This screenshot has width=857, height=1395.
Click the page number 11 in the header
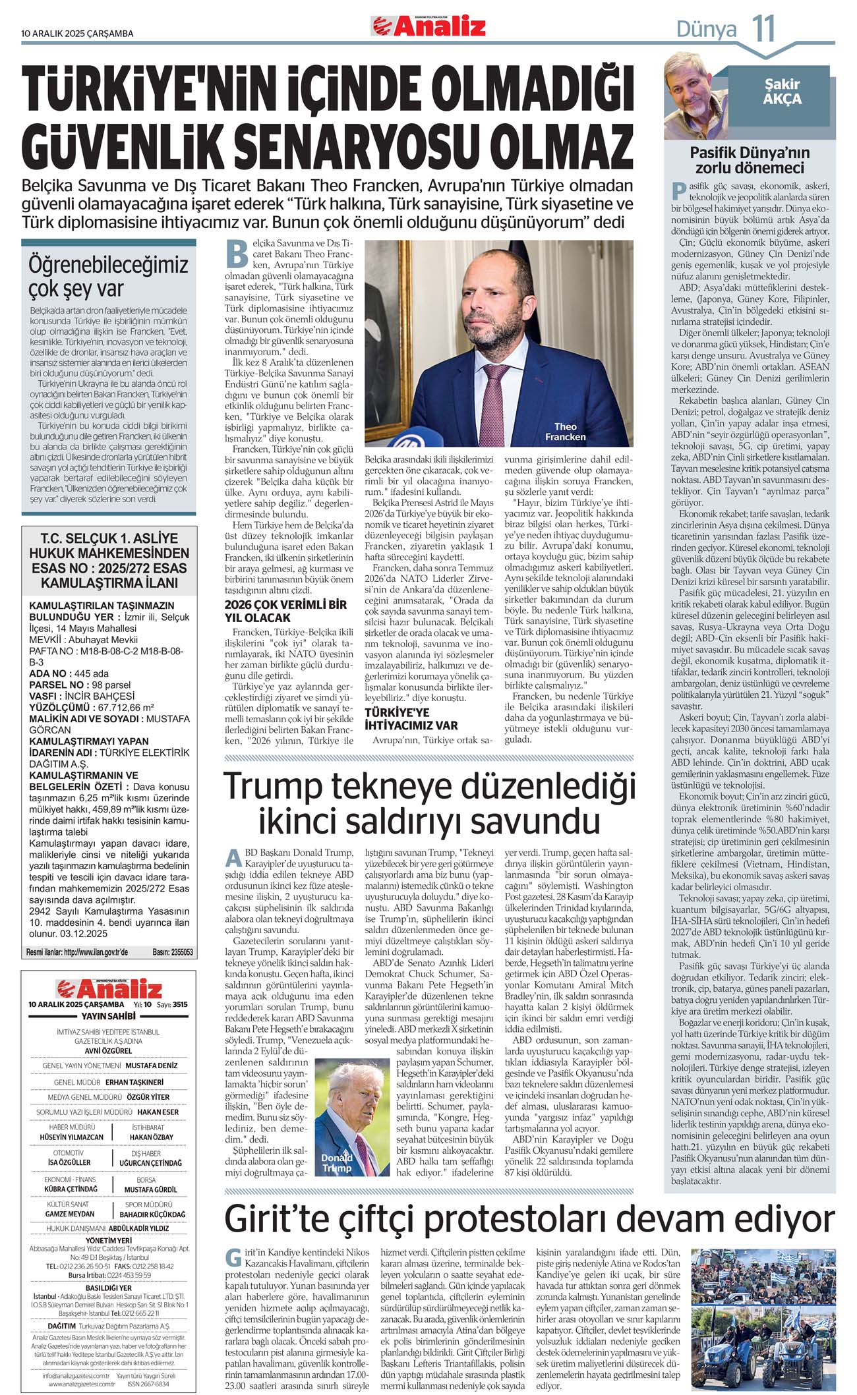coord(763,29)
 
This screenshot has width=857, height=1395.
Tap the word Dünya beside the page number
coord(706,30)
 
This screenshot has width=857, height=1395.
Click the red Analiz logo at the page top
coord(429,26)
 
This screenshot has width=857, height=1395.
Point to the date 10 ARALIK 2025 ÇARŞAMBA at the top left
coord(77,34)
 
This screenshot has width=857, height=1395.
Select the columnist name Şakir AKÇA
coord(782,92)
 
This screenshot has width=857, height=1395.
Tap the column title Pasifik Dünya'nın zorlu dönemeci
coord(750,159)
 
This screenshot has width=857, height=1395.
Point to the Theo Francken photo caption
coord(565,432)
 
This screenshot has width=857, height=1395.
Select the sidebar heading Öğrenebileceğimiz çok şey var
coord(109,276)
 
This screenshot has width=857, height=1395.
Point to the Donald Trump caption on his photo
coord(337,1162)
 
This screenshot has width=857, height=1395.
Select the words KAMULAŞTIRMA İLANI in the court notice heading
coord(109,583)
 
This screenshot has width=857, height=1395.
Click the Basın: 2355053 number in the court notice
coord(173,952)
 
